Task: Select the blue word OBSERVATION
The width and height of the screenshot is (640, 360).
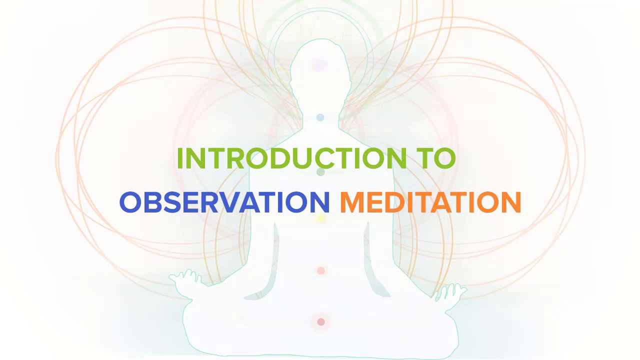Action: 224,202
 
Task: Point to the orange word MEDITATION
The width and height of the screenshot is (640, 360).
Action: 430,202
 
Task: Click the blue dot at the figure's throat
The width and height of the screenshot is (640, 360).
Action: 320,117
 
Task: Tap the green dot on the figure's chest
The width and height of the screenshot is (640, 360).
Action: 320,172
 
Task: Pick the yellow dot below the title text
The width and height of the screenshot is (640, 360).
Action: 321,218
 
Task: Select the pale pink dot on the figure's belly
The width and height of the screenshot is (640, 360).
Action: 321,270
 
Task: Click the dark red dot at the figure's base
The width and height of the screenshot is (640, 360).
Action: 321,322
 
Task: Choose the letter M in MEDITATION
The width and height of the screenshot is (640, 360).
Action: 351,202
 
